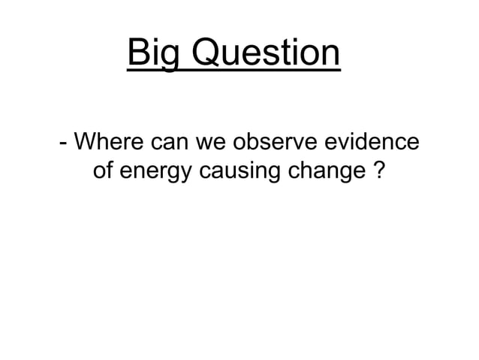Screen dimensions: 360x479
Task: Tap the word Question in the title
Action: pyautogui.click(x=260, y=54)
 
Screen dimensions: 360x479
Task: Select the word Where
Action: pyautogui.click(x=108, y=142)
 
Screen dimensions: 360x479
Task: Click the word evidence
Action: pyautogui.click(x=374, y=142)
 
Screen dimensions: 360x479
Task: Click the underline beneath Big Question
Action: pyautogui.click(x=233, y=71)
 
